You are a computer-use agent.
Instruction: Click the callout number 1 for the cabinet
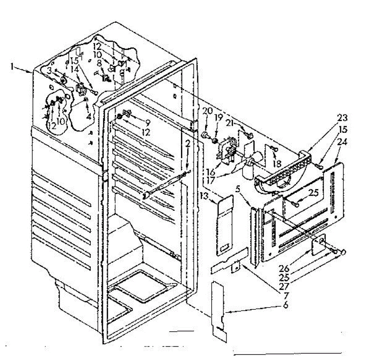coord(12,67)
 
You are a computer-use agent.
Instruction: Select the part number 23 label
coord(342,118)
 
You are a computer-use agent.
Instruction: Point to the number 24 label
coord(342,142)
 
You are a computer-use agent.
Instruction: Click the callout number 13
coord(204,196)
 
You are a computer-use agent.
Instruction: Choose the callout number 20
coord(207,111)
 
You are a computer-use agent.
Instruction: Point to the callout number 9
coord(147,122)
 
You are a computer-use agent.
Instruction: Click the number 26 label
coord(285,268)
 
